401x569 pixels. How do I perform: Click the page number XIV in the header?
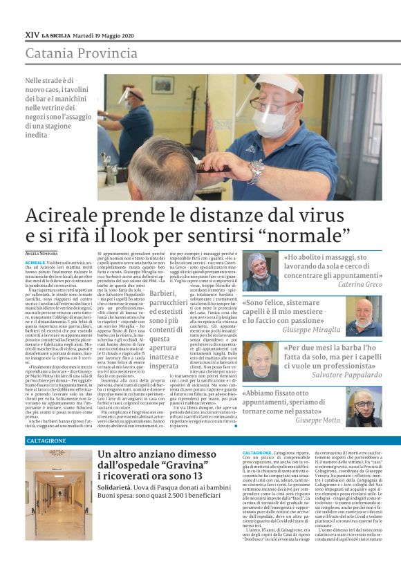point(31,34)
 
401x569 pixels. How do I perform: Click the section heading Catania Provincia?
point(81,53)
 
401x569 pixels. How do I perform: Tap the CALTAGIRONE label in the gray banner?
point(46,440)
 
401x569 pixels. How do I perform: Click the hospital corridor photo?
point(57,494)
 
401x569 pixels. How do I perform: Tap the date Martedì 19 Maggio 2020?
point(104,34)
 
